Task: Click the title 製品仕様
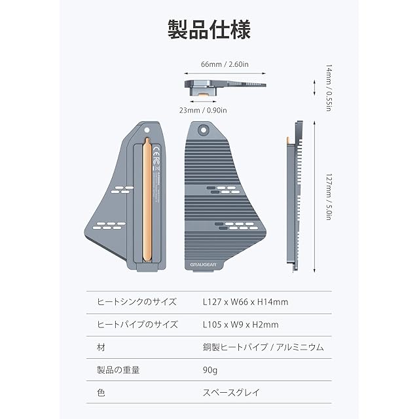click(x=209, y=30)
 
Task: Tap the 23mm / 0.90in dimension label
click(x=203, y=111)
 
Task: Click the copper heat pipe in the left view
click(x=148, y=203)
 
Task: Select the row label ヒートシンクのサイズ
click(x=137, y=302)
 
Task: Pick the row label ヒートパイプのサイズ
click(x=137, y=324)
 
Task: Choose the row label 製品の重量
click(x=118, y=370)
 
